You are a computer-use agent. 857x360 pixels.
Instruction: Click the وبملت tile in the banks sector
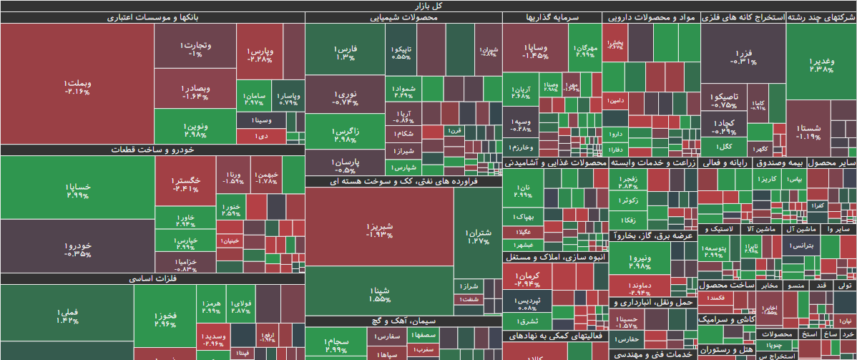coord(77,86)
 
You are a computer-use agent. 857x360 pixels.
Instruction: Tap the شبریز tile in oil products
coord(379,229)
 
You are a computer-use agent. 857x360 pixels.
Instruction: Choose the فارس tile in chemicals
coord(344,52)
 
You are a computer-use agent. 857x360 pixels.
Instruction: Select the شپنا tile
coord(379,293)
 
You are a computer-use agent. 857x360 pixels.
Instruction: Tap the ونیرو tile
coord(640,262)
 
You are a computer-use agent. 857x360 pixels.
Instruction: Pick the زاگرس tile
coord(344,135)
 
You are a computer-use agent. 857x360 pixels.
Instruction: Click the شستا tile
coord(808,132)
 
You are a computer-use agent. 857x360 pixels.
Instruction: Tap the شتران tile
coord(479,236)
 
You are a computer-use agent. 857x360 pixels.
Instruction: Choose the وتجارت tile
coord(195,49)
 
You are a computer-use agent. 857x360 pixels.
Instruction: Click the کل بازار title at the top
coord(428,6)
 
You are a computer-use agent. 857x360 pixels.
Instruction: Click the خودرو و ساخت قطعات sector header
coord(152,150)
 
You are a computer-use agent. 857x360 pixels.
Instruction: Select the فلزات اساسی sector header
coord(152,279)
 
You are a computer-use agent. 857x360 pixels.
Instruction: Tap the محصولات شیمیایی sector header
coord(403,17)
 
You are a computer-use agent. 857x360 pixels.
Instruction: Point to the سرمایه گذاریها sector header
coord(552,17)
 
